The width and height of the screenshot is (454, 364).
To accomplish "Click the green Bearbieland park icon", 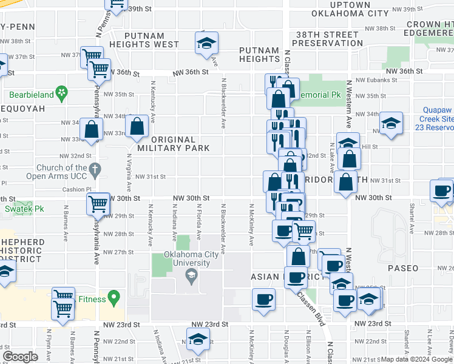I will [61, 93].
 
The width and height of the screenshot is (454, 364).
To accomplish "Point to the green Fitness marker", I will [113, 298].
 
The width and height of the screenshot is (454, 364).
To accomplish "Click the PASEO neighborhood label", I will [402, 268].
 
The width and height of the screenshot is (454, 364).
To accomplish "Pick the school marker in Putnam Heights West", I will [206, 43].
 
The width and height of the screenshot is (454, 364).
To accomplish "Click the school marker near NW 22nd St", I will [198, 339].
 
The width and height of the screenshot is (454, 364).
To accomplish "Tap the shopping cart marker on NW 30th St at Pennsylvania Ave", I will [98, 206].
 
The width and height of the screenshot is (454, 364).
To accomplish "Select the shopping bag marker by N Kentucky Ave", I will [138, 126].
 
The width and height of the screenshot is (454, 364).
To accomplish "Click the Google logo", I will [20, 357].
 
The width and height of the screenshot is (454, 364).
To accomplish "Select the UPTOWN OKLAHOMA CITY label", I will [350, 8].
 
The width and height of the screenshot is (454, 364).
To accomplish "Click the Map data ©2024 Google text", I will [416, 359].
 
